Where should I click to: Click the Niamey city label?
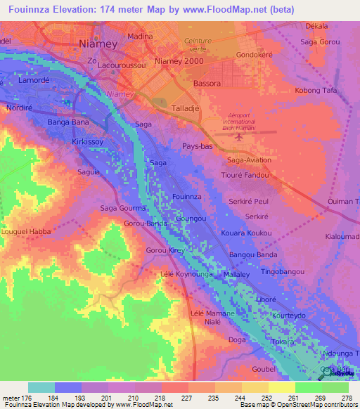click(x=96, y=43)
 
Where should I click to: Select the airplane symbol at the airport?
click(x=238, y=137)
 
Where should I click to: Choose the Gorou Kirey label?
click(x=165, y=250)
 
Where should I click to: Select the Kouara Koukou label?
click(x=251, y=233)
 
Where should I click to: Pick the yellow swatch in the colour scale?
click(x=281, y=387)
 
